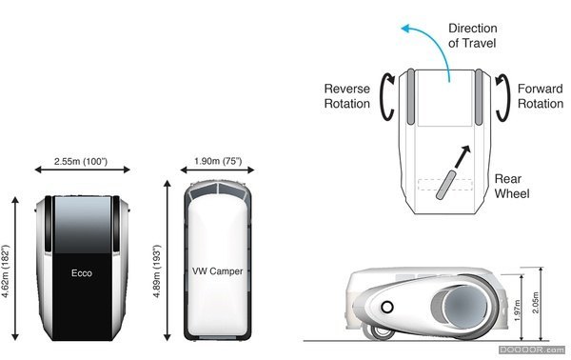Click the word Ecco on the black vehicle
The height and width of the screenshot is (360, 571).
point(81,273)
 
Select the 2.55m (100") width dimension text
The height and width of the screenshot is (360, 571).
point(81,162)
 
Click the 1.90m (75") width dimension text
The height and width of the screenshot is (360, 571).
point(217,162)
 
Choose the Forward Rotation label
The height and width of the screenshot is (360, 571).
point(541,96)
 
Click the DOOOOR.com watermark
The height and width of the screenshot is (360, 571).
point(540,352)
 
